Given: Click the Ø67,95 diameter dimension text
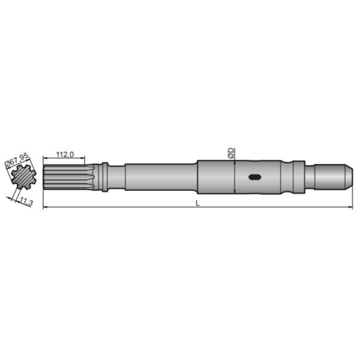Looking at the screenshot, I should (x=17, y=160).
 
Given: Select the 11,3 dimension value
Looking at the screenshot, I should (x=25, y=201).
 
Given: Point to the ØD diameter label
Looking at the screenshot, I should (x=231, y=152).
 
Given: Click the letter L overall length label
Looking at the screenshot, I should (x=198, y=203).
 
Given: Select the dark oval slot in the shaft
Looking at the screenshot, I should (x=254, y=177).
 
